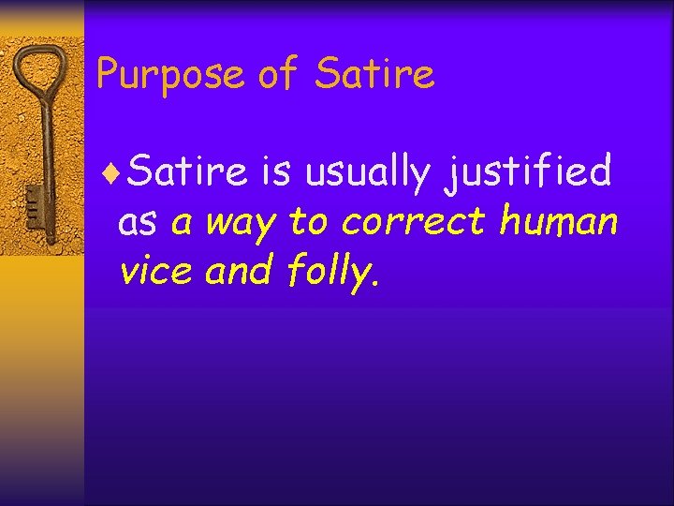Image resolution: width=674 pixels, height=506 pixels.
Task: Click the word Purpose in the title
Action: tap(170, 74)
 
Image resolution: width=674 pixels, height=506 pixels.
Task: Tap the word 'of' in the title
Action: tap(279, 74)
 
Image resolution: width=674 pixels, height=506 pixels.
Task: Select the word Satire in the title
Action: tap(375, 74)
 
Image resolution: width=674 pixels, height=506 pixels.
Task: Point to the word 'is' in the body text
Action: tap(277, 172)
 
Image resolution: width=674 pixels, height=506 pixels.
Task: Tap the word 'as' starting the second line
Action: tap(139, 224)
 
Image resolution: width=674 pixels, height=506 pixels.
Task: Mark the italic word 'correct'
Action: tap(414, 223)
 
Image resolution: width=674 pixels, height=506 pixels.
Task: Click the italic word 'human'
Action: tap(559, 223)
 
